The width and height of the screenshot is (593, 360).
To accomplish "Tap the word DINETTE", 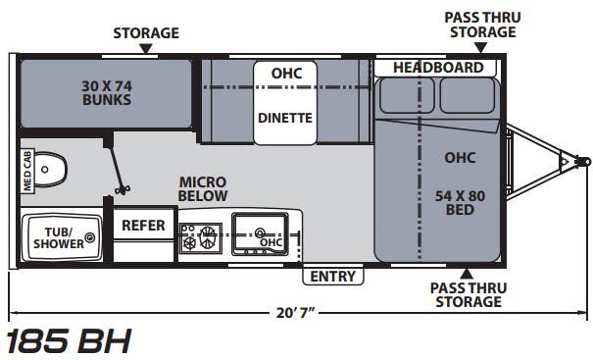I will pyautogui.click(x=284, y=118).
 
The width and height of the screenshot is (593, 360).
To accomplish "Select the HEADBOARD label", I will pyautogui.click(x=438, y=68).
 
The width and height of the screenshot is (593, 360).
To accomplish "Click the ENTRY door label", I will pyautogui.click(x=333, y=277).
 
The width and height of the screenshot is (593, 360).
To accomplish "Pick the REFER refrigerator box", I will pyautogui.click(x=143, y=226).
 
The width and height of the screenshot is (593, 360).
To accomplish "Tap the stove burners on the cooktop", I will pyautogui.click(x=201, y=237).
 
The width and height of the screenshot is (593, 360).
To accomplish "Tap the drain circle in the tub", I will pyautogui.click(x=90, y=237).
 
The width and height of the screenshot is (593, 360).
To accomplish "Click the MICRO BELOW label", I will pyautogui.click(x=203, y=189).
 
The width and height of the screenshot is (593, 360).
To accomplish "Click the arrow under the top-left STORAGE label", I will pyautogui.click(x=145, y=47).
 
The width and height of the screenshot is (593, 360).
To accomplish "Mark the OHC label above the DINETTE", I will pyautogui.click(x=286, y=74).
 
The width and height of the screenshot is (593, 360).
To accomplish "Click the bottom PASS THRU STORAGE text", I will pyautogui.click(x=466, y=294).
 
